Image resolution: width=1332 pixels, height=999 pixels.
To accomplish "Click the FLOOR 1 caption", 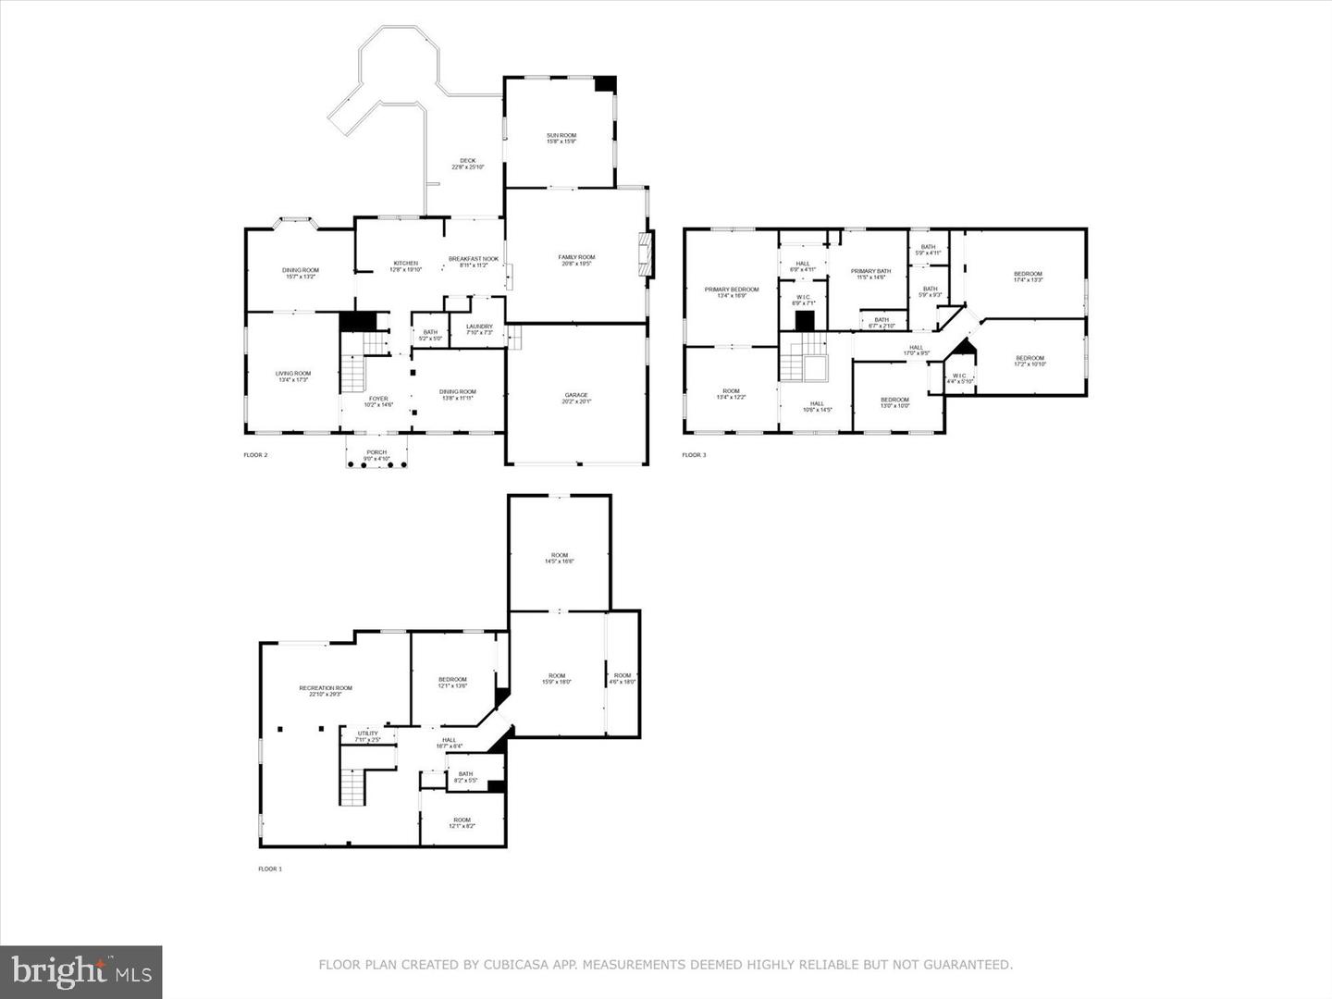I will [269, 869].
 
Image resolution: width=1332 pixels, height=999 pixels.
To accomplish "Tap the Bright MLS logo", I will [81, 971].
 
